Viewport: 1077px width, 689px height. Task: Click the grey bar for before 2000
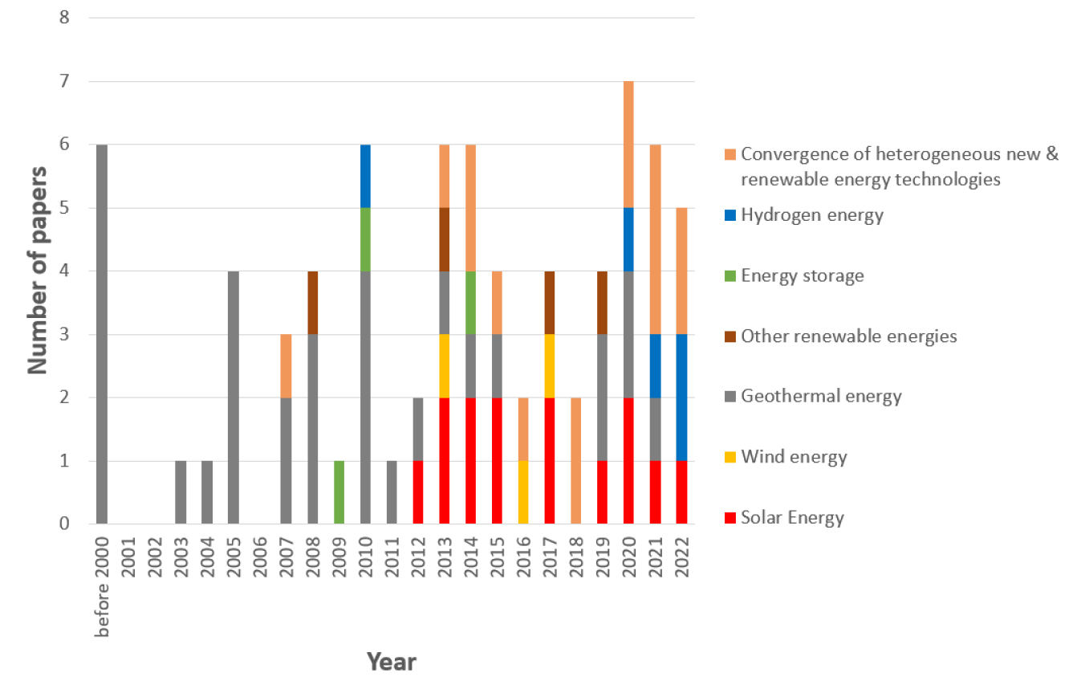click(102, 334)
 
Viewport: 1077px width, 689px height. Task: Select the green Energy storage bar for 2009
click(339, 492)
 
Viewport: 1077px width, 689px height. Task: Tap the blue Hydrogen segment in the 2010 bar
click(365, 176)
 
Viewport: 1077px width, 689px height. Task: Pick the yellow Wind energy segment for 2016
click(523, 492)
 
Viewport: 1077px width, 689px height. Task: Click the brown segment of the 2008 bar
click(313, 303)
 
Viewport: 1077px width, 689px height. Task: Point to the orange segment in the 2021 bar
click(655, 239)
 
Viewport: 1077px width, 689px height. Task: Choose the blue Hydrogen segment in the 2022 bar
click(681, 397)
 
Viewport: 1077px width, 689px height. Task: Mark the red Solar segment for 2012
click(418, 492)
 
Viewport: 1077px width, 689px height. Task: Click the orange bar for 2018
click(576, 461)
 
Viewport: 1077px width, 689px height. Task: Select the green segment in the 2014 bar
click(470, 303)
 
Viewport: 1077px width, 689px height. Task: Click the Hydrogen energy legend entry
click(811, 215)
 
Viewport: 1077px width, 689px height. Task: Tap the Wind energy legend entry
click(794, 457)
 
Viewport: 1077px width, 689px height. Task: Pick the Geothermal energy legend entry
click(821, 396)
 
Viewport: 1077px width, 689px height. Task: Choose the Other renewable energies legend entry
click(848, 336)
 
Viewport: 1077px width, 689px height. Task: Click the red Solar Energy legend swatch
click(729, 518)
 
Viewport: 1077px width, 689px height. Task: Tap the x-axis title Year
click(392, 662)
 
